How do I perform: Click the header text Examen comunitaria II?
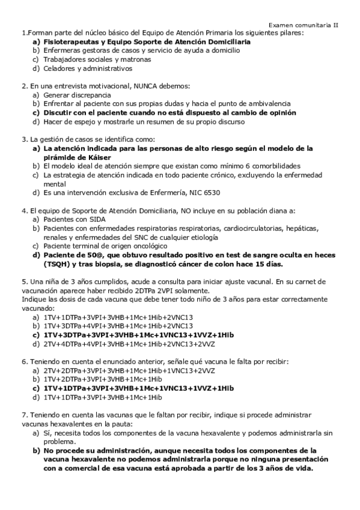coord(304,25)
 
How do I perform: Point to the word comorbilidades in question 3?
coord(270,165)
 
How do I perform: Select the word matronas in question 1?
coord(135,60)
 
